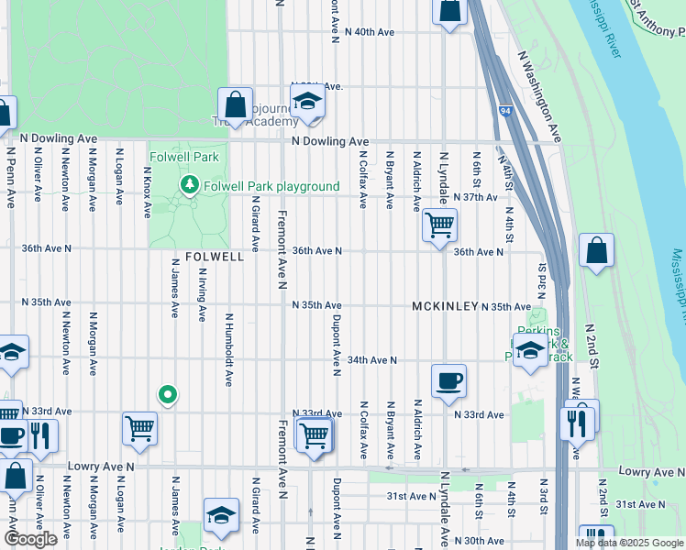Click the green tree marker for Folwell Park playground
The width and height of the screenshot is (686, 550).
[x=190, y=186]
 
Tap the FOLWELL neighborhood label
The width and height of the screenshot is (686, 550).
[x=215, y=258]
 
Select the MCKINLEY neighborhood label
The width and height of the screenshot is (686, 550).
[x=445, y=306]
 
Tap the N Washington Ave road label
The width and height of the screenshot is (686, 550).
[x=539, y=95]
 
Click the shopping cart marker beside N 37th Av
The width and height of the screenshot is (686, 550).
[x=440, y=224]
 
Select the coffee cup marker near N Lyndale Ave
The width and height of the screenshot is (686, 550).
[x=448, y=380]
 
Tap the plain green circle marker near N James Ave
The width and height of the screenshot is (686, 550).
[x=167, y=395]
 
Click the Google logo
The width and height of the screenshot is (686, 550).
[x=31, y=539]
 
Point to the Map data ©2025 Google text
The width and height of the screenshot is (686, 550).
[x=630, y=543]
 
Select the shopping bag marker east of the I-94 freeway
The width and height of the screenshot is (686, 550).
[x=596, y=250]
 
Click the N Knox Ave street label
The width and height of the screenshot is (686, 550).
[x=147, y=192]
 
